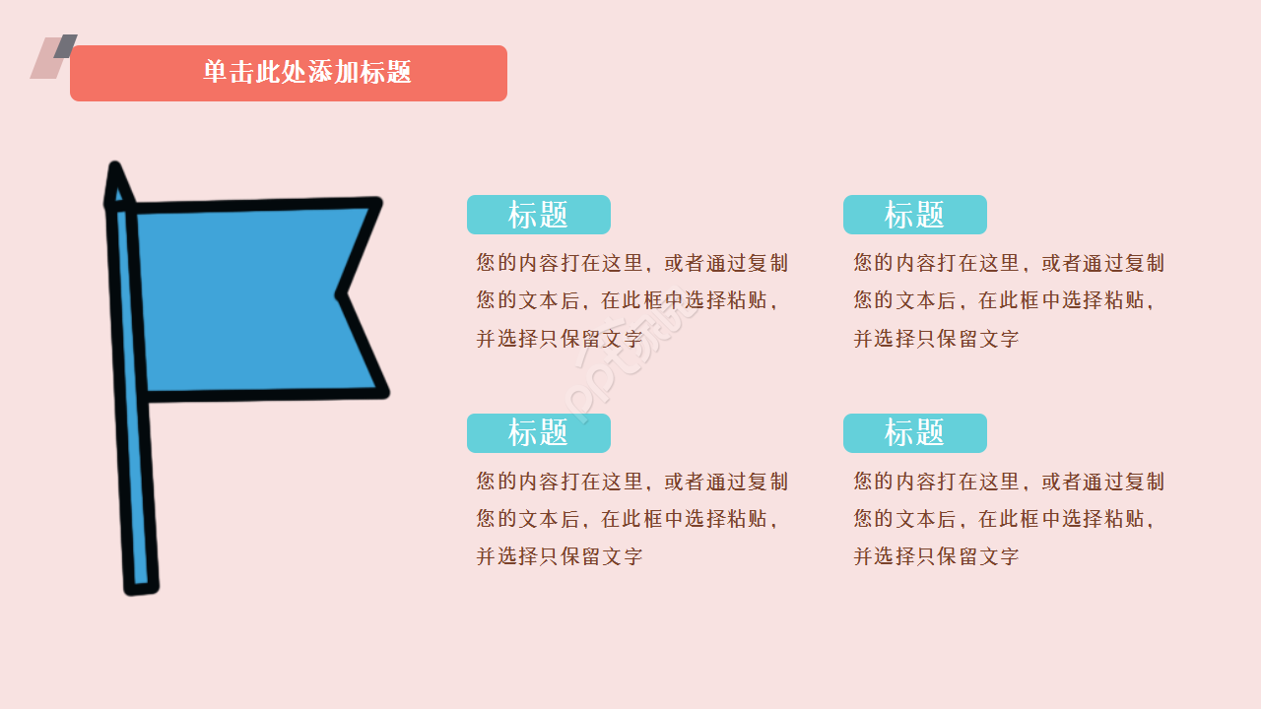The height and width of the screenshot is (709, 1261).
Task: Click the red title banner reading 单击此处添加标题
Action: (x=289, y=73)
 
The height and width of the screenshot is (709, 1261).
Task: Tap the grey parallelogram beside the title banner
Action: (x=66, y=44)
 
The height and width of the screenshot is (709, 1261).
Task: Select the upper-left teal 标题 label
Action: (x=538, y=215)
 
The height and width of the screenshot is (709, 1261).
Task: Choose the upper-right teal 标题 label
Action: (x=914, y=215)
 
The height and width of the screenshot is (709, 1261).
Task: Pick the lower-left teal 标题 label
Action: (x=538, y=433)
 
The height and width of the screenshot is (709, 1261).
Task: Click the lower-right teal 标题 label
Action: (x=914, y=433)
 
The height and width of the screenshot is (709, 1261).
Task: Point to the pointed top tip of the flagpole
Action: (x=115, y=167)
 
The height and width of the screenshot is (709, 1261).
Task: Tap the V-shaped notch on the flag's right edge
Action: (x=341, y=294)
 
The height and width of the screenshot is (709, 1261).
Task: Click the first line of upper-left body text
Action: (x=631, y=263)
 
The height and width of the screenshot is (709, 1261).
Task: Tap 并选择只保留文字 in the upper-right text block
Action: (x=936, y=339)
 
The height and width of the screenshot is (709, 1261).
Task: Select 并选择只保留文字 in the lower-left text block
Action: (x=560, y=556)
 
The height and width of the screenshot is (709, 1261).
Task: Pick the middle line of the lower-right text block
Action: (x=1003, y=519)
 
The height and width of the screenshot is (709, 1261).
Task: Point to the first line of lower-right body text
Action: (x=1009, y=482)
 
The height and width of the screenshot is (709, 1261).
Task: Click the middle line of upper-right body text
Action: (x=1003, y=300)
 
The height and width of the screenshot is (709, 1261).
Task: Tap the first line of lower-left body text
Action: (x=631, y=482)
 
